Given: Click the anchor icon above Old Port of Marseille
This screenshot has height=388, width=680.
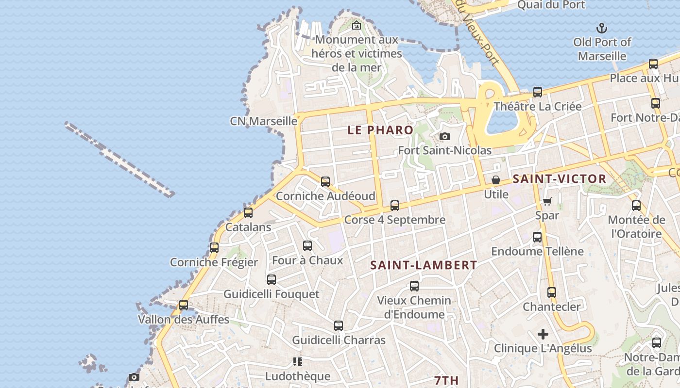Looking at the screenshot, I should (x=602, y=28).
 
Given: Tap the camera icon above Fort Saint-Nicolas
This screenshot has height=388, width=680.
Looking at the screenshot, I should (x=444, y=136).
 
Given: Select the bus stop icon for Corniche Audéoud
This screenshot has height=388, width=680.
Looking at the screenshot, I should (x=325, y=182).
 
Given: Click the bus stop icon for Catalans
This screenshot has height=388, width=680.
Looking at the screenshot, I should (x=248, y=212).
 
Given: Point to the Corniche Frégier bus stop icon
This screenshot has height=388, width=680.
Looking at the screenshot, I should (x=214, y=248).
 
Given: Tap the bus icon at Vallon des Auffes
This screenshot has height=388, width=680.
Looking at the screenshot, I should (x=184, y=305).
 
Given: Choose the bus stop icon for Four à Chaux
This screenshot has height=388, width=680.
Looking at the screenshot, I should (x=307, y=246).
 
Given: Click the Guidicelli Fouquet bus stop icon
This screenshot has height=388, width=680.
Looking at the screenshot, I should (x=272, y=280).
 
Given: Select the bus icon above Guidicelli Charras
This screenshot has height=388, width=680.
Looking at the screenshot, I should (x=339, y=326).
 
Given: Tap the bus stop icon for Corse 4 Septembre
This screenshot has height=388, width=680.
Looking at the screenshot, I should (x=395, y=206).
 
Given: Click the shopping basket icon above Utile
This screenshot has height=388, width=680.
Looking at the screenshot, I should (x=496, y=180).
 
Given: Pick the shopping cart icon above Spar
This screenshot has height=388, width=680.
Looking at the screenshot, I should (x=547, y=201).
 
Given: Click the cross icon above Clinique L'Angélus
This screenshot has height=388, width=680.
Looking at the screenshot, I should (x=543, y=334).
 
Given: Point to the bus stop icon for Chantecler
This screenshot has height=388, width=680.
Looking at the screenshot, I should (x=552, y=292).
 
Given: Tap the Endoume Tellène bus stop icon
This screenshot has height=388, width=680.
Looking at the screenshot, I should (x=537, y=237).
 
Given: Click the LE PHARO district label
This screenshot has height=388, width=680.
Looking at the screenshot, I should (x=380, y=130).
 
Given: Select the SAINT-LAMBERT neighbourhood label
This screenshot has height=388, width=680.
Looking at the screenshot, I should (x=424, y=265).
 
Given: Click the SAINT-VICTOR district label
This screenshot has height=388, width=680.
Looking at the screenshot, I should (x=560, y=179).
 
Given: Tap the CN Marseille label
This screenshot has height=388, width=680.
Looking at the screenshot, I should (x=264, y=121).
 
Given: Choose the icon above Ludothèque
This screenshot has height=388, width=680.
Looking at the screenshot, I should (x=298, y=362).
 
